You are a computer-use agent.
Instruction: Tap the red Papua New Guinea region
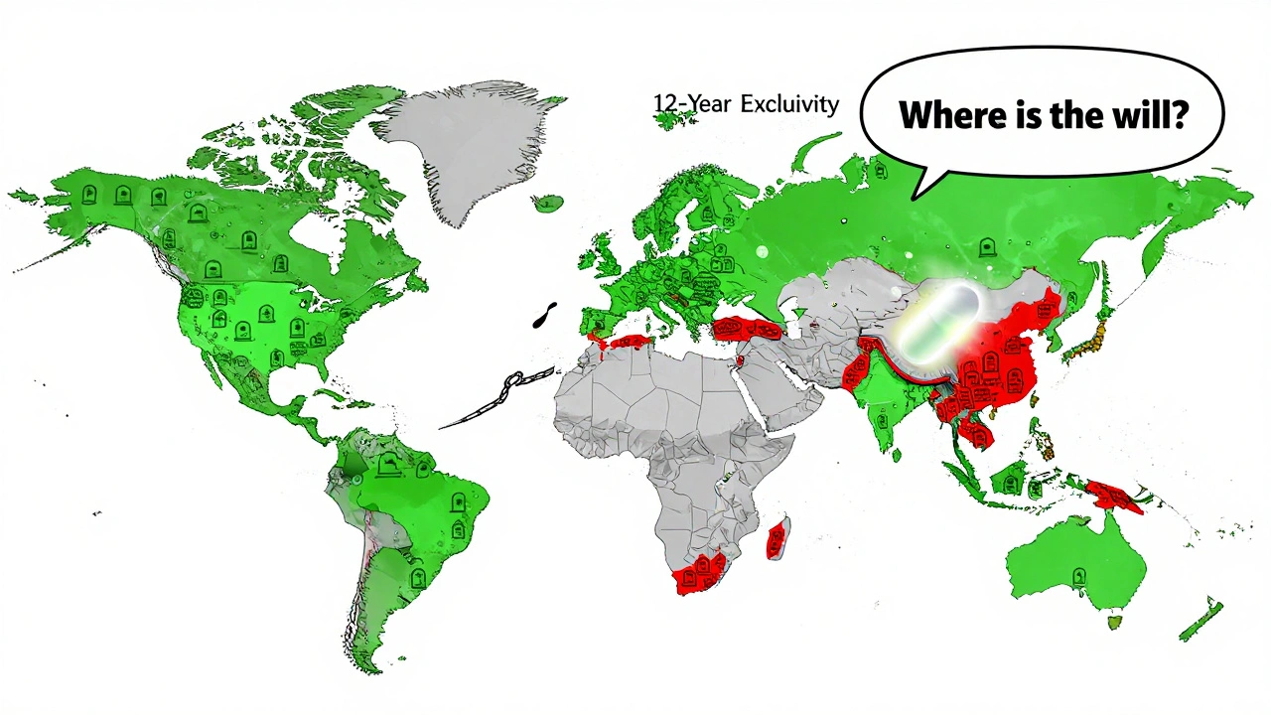(x=1114, y=496)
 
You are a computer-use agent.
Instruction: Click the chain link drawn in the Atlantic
(x=512, y=381)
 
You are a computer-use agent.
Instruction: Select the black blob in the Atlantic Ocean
(x=545, y=315)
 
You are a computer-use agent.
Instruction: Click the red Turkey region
(x=746, y=329)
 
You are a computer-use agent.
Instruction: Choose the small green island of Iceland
(x=546, y=204)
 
